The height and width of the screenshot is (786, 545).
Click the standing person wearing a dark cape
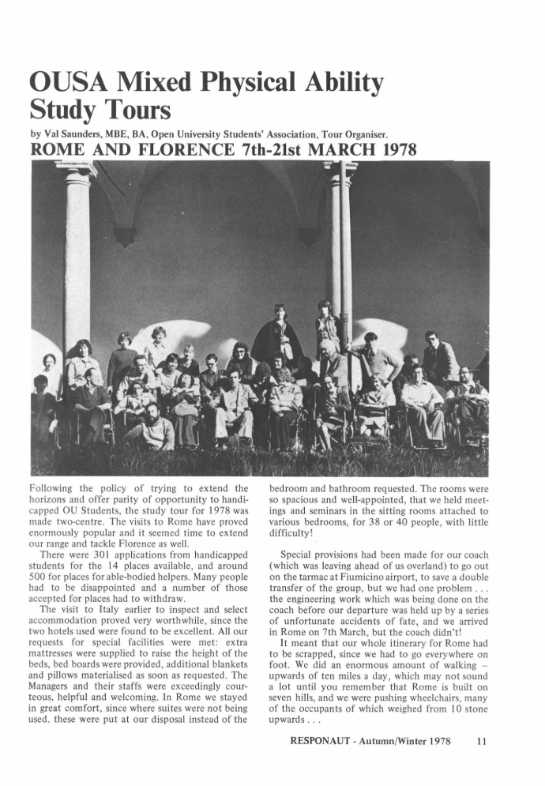pyautogui.click(x=277, y=336)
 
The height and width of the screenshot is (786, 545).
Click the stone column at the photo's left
pyautogui.click(x=77, y=253)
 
